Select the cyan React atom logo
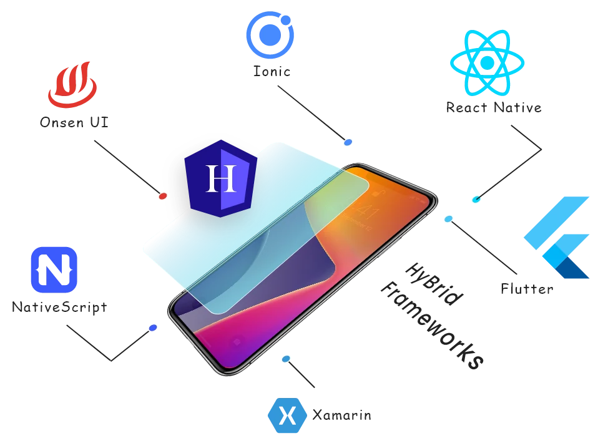coord(488,62)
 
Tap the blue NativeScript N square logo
coord(54,269)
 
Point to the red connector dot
coord(163,196)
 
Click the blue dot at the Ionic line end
coord(348,143)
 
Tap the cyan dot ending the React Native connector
coord(477,199)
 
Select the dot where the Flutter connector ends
coord(448,219)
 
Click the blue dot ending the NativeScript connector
coord(152,327)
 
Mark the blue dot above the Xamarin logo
coord(286,359)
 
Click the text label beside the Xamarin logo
coord(343,416)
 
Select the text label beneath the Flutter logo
coord(527,288)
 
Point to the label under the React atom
coord(494,108)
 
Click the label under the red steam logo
coord(74,122)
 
